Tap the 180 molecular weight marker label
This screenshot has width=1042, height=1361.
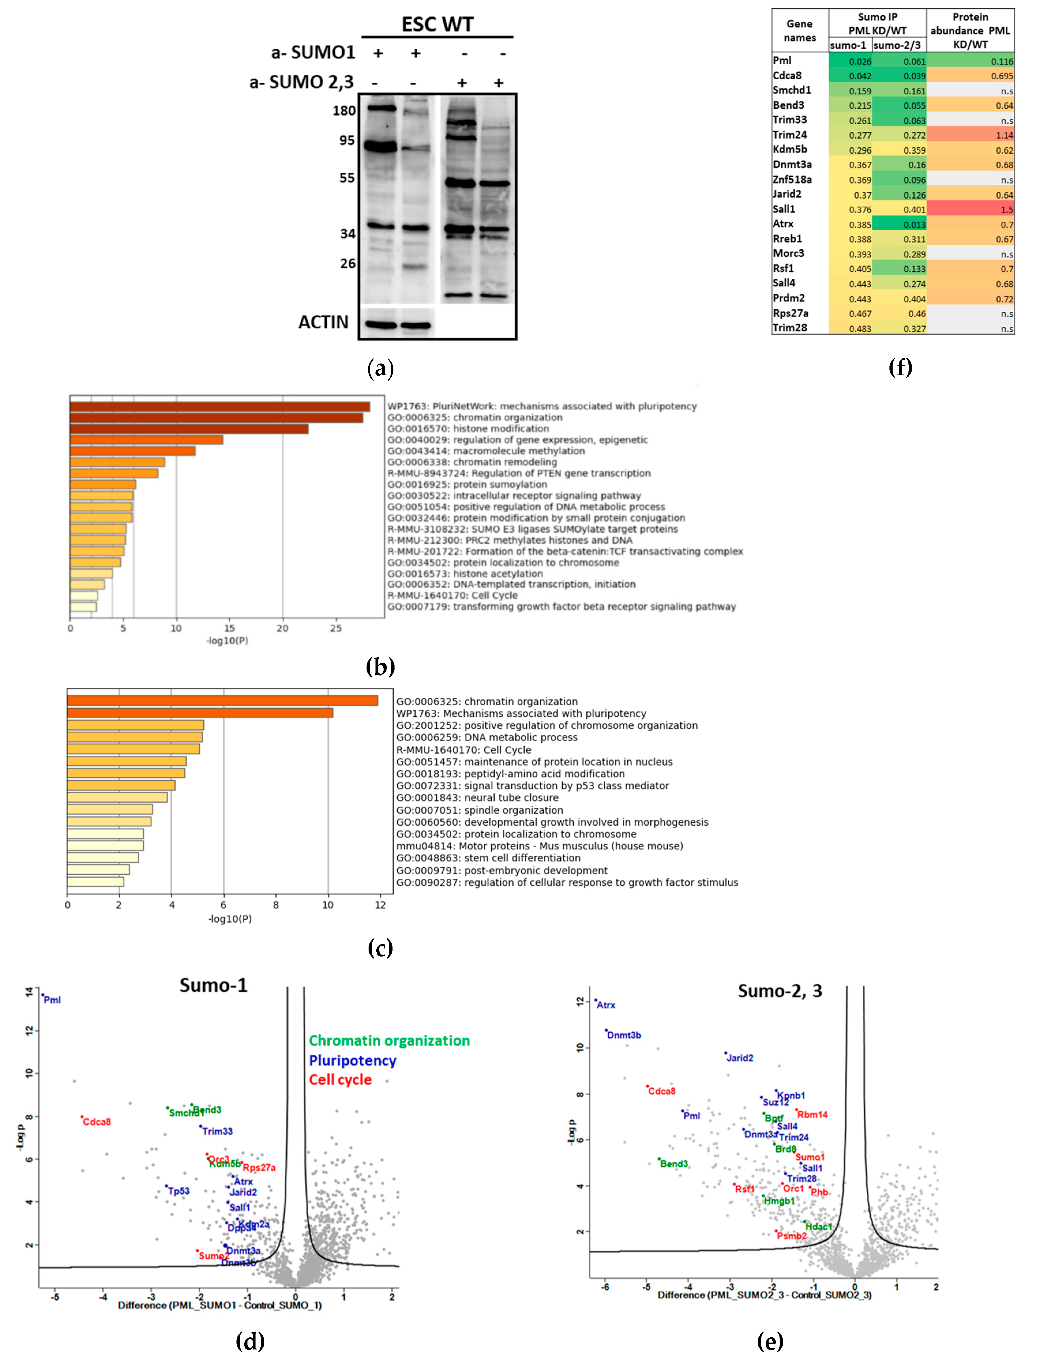click(343, 111)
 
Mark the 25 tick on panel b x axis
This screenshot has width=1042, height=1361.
click(335, 628)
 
